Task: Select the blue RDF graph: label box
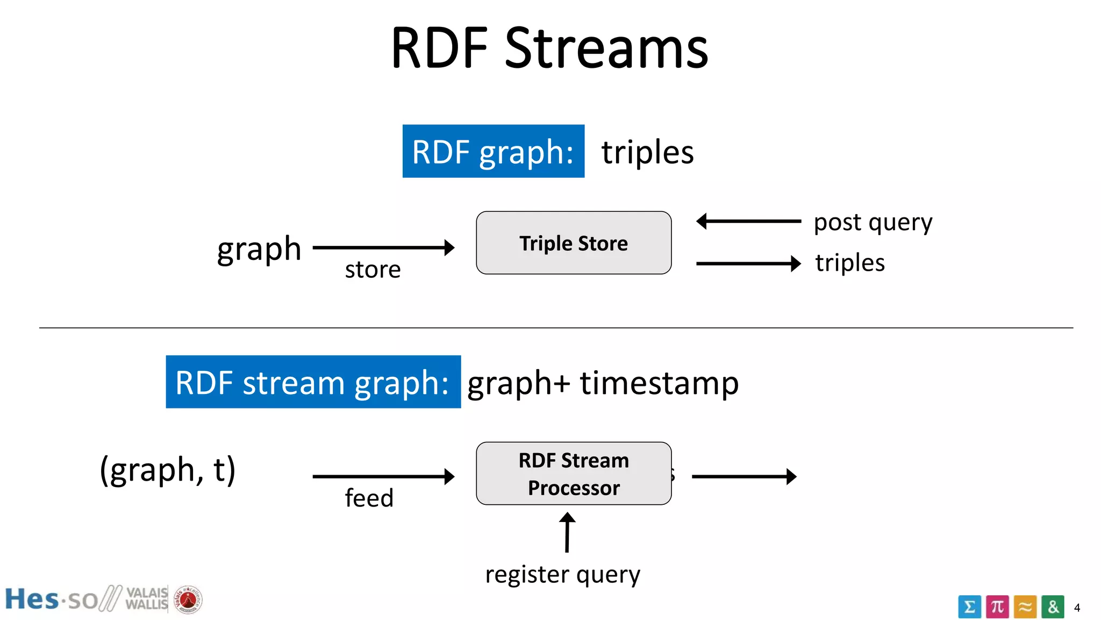[x=493, y=151]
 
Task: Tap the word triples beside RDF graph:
[x=647, y=152]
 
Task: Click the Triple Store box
[x=574, y=243]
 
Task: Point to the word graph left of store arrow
[x=259, y=249]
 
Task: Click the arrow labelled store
[x=383, y=248]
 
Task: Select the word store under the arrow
[x=373, y=269]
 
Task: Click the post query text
[x=873, y=222]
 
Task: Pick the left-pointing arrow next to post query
[x=748, y=221]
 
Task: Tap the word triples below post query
[x=849, y=263]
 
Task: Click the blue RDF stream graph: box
[x=313, y=382]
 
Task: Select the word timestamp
[x=659, y=383]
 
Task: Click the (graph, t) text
[x=168, y=470]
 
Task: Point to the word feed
[x=369, y=498]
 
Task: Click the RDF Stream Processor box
[x=574, y=474]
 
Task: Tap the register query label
[x=562, y=574]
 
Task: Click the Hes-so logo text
[x=51, y=600]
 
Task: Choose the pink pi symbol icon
[x=997, y=607]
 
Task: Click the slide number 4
[x=1077, y=608]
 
